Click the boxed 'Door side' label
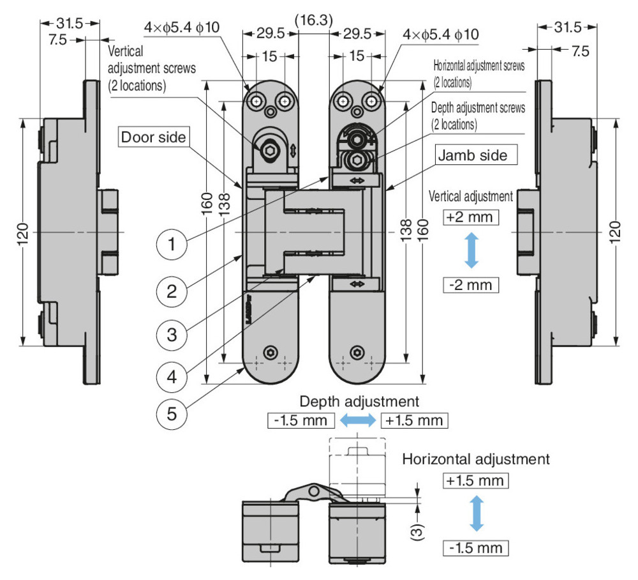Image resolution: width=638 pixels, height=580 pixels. [153, 137]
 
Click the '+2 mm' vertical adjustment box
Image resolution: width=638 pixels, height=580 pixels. [470, 217]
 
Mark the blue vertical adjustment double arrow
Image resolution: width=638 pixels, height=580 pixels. [470, 250]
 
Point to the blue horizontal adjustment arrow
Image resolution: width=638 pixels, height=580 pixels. [475, 514]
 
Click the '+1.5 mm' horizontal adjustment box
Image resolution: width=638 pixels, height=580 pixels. [475, 480]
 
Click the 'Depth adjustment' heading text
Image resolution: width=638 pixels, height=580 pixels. [359, 402]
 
